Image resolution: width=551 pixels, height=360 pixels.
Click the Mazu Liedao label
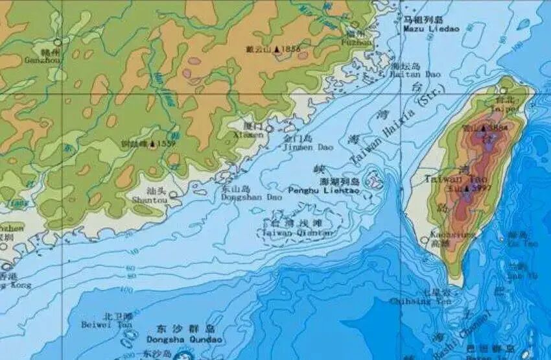pos(430,29)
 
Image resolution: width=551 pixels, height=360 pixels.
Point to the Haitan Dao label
pos(415,75)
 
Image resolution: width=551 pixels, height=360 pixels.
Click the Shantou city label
pos(150,201)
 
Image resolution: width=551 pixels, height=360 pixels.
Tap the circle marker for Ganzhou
pos(58,42)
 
